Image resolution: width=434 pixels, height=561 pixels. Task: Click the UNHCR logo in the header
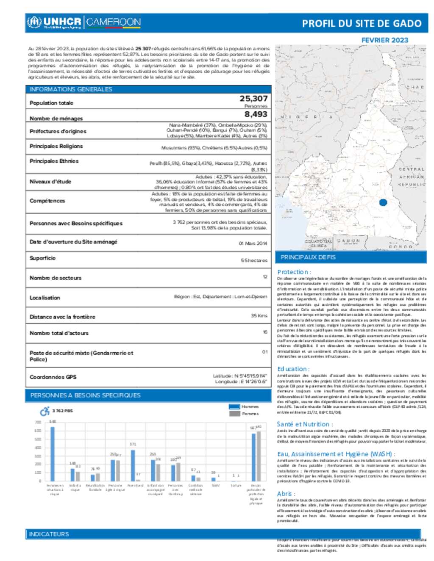(x=53, y=22)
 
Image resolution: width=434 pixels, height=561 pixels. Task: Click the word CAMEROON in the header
(x=114, y=22)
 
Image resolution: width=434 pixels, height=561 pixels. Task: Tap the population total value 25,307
(x=253, y=99)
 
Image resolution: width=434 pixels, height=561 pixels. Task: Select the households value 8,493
(x=256, y=114)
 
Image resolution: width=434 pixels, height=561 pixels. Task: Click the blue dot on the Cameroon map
(x=383, y=202)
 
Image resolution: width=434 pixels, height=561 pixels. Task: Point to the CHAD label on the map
(x=415, y=87)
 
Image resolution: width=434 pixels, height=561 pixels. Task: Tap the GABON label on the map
(x=348, y=240)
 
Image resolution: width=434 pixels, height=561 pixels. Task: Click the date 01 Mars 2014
(x=253, y=243)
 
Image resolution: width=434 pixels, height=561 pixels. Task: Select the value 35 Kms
(x=259, y=315)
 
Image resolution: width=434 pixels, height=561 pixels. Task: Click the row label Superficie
(x=42, y=258)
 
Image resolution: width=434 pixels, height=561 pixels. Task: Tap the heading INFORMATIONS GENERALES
(x=71, y=89)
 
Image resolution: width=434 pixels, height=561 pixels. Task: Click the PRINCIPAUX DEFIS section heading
(x=308, y=257)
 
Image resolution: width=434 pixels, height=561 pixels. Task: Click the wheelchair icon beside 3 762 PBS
(x=45, y=411)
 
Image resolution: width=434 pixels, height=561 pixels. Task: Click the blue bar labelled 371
(x=133, y=465)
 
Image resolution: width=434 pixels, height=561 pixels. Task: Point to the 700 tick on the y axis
(x=38, y=422)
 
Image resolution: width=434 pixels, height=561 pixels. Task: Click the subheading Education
(x=293, y=369)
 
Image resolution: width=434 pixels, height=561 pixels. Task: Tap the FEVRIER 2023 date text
(x=384, y=40)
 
